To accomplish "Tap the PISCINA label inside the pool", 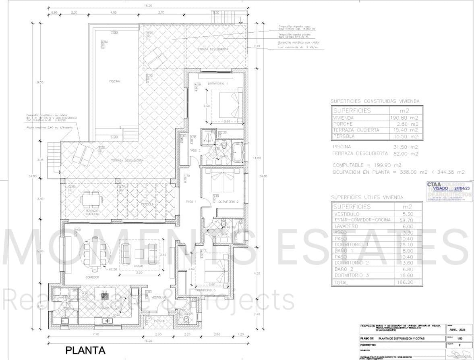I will pyautogui.click(x=114, y=81).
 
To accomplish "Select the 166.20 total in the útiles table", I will pyautogui.click(x=406, y=283).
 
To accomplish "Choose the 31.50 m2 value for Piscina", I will pyautogui.click(x=405, y=147).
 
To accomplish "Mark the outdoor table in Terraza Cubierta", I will pyautogui.click(x=91, y=198).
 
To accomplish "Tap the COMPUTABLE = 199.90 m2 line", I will pyautogui.click(x=366, y=165).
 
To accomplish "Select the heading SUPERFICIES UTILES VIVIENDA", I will pyautogui.click(x=366, y=198).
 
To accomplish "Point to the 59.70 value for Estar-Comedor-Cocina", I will pyautogui.click(x=406, y=220).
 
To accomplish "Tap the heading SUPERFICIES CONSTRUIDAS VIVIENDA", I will pyautogui.click(x=375, y=101).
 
